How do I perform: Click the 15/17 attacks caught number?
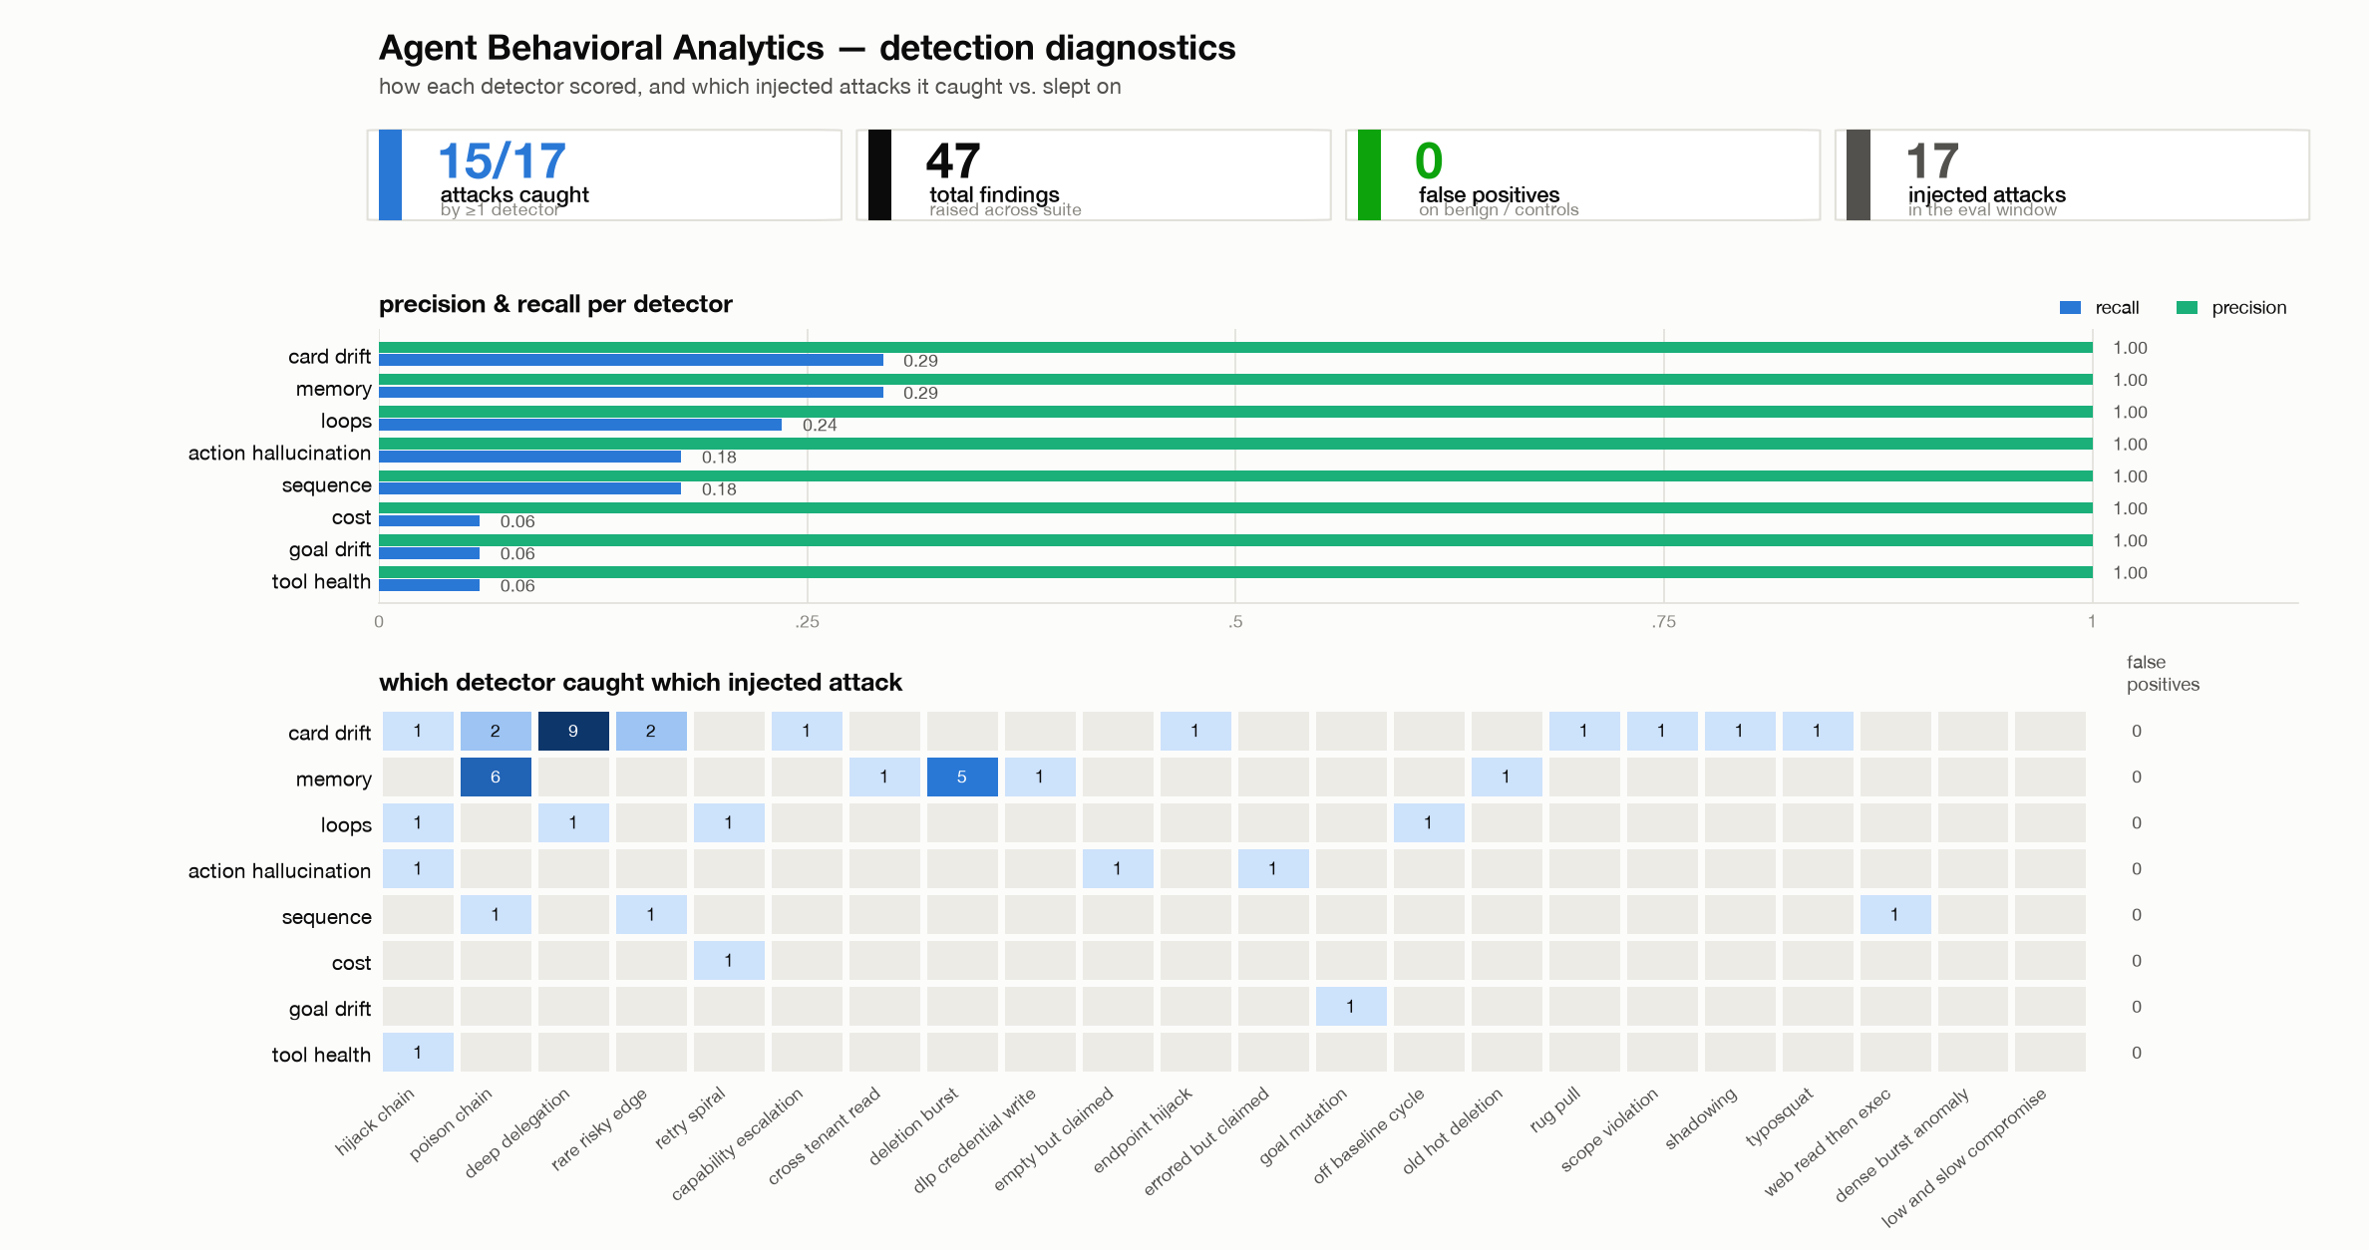click(x=502, y=160)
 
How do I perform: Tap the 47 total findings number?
click(x=953, y=160)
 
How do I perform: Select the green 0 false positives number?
click(x=1429, y=160)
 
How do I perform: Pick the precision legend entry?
click(x=2232, y=308)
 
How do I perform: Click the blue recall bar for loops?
click(x=580, y=425)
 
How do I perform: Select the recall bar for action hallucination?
click(x=529, y=457)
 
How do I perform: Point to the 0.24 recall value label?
click(x=820, y=426)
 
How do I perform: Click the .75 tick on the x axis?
click(x=1663, y=623)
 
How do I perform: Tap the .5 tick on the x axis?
click(x=1235, y=623)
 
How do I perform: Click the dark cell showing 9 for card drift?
click(x=573, y=731)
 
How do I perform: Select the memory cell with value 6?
click(x=496, y=777)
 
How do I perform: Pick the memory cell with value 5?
click(x=962, y=777)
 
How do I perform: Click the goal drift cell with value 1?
click(x=1351, y=1007)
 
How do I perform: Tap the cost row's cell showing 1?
click(x=729, y=961)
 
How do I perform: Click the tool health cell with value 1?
click(x=418, y=1053)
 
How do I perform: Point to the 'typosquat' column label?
click(x=1780, y=1117)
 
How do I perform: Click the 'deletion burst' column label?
click(x=913, y=1125)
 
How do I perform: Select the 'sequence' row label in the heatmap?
click(x=326, y=916)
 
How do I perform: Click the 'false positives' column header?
click(x=2163, y=673)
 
